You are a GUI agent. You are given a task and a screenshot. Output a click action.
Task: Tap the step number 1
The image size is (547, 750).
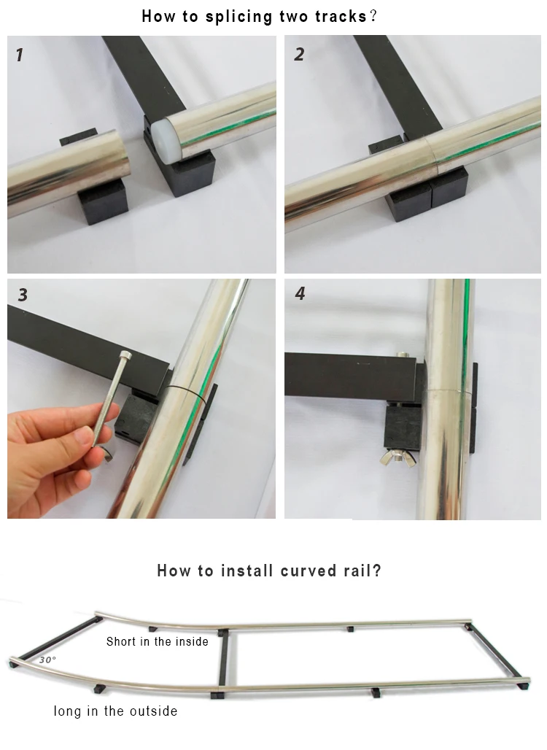point(20,55)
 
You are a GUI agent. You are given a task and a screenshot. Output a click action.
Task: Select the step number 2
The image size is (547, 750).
point(299,54)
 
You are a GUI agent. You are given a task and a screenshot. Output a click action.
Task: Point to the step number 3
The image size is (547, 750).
point(23,295)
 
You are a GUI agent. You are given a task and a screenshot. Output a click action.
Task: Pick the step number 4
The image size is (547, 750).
point(300,293)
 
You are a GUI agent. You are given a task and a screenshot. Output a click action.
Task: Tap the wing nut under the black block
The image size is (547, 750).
point(397,457)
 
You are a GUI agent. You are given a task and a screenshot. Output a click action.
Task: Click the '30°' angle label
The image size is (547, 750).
point(47,660)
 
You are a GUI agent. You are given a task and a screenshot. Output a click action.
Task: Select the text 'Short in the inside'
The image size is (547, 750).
point(158,641)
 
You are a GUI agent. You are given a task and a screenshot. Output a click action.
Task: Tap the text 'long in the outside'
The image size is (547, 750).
point(115,711)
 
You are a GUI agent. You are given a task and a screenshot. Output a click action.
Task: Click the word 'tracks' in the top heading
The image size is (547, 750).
point(341,16)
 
